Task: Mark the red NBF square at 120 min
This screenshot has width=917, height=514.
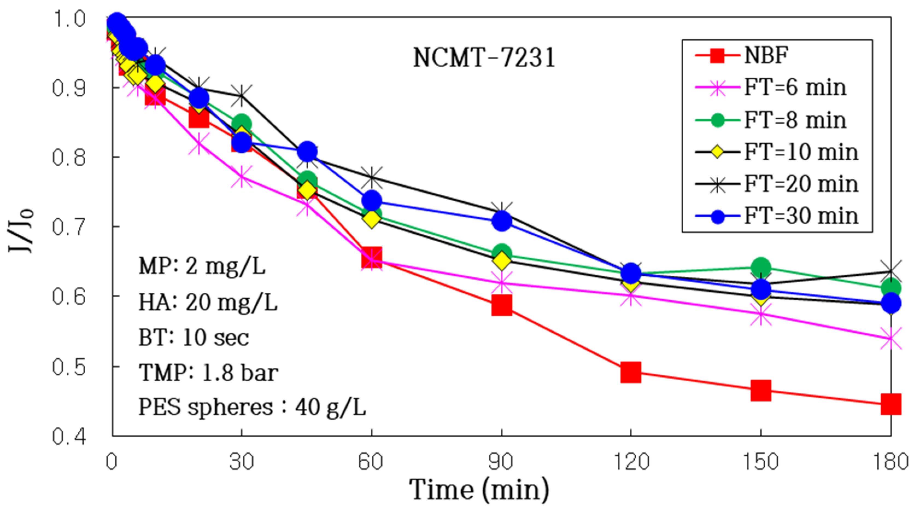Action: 631,373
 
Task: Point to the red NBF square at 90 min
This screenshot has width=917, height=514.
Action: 502,305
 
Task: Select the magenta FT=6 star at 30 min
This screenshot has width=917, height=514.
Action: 242,176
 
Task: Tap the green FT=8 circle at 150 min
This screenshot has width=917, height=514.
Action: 761,268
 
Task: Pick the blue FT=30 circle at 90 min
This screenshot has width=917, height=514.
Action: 502,221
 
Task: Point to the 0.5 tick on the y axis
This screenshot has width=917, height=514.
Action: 69,367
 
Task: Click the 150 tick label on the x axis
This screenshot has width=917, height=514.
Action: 761,462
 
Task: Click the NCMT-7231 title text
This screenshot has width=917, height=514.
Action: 484,58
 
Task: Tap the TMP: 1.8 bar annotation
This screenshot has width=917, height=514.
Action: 208,373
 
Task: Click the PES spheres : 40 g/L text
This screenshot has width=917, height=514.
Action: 252,407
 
